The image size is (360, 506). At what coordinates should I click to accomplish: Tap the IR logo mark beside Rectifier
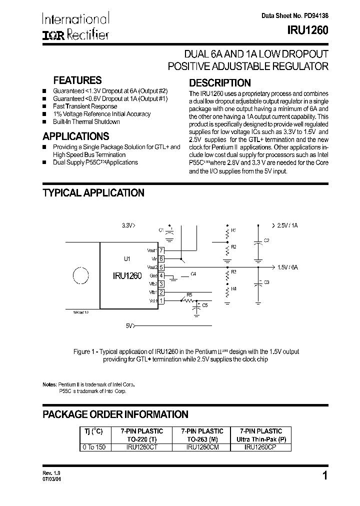click(x=51, y=34)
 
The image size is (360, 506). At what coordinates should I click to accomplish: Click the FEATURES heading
click(x=77, y=80)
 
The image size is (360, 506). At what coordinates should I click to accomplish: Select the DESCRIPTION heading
click(x=219, y=83)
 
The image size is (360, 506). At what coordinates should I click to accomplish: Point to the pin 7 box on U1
click(x=161, y=250)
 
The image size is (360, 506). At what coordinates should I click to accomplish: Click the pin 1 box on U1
click(x=161, y=300)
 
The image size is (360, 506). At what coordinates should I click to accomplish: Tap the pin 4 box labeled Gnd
click(x=161, y=275)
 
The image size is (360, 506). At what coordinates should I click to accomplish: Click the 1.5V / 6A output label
click(x=288, y=267)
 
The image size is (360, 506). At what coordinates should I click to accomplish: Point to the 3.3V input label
click(x=128, y=225)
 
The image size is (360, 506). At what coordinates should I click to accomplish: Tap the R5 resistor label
click(x=189, y=294)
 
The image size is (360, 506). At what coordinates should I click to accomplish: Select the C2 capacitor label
click(x=266, y=241)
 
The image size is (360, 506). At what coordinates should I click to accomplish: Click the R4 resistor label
click(x=233, y=288)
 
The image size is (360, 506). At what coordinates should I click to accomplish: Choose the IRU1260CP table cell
click(x=260, y=447)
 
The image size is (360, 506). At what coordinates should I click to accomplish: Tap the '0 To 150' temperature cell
click(x=93, y=447)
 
